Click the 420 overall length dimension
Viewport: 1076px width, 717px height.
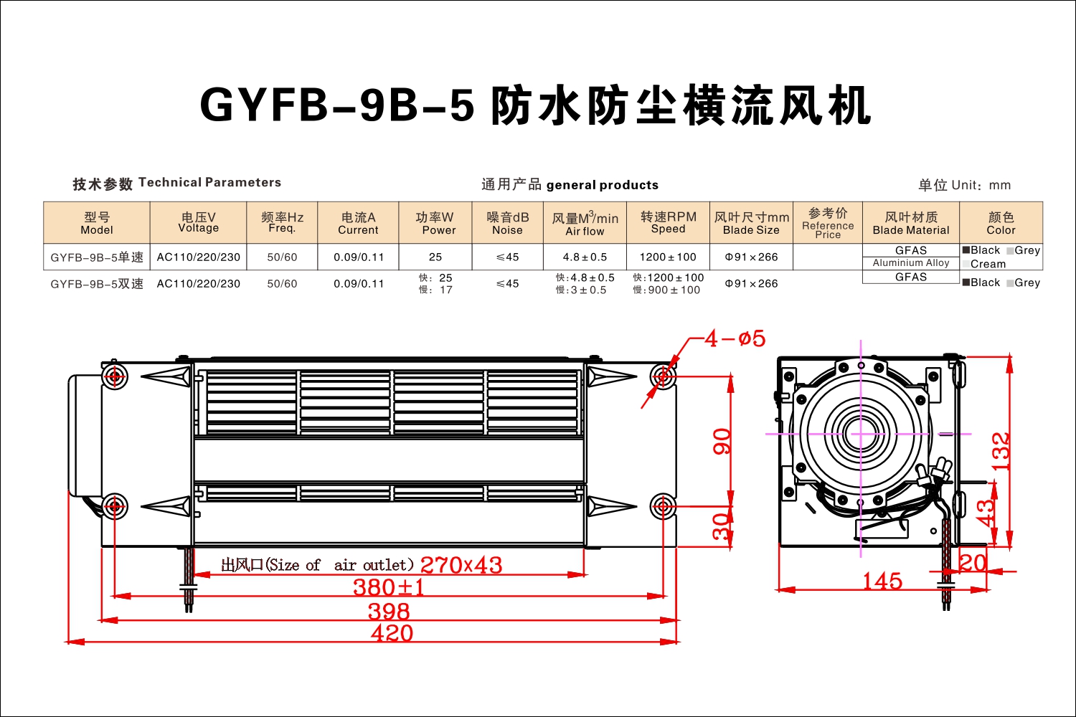click(x=392, y=633)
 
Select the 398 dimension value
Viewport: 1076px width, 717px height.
click(x=389, y=612)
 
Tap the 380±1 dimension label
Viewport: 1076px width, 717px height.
click(x=389, y=587)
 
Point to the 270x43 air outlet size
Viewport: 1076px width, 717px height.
click(x=461, y=565)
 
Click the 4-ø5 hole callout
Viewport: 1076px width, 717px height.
click(x=735, y=338)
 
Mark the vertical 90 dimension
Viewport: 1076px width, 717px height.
click(x=722, y=442)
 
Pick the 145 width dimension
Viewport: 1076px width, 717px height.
click(x=882, y=581)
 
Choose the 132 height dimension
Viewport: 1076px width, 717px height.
click(x=1001, y=452)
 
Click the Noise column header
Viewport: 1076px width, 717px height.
click(x=507, y=223)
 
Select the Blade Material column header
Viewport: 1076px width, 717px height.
click(x=911, y=223)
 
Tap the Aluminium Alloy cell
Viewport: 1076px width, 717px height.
click(x=911, y=262)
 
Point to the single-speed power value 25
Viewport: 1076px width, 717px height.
click(x=435, y=257)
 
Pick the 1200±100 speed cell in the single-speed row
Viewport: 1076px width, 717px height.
click(x=668, y=257)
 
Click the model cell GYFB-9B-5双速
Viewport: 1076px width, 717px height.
click(x=97, y=284)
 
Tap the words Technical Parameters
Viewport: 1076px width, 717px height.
click(x=210, y=183)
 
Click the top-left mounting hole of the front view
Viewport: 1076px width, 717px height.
click(x=115, y=376)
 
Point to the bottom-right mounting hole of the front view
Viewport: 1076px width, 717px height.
click(x=663, y=505)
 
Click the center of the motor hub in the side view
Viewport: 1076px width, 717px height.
click(x=861, y=434)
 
